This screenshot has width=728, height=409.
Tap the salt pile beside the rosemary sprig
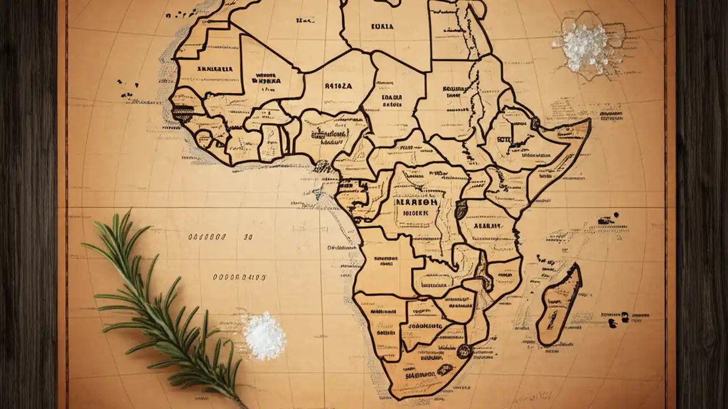264,336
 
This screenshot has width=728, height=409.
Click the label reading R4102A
338,86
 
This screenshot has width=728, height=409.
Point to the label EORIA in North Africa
382,26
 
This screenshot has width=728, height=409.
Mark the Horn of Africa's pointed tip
589,121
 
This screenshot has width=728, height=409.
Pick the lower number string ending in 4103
239,277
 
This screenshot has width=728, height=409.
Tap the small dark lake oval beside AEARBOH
461,210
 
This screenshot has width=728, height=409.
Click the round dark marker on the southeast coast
464,352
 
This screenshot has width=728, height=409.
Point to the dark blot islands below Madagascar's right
617,320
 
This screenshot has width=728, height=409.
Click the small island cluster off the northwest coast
128,86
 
